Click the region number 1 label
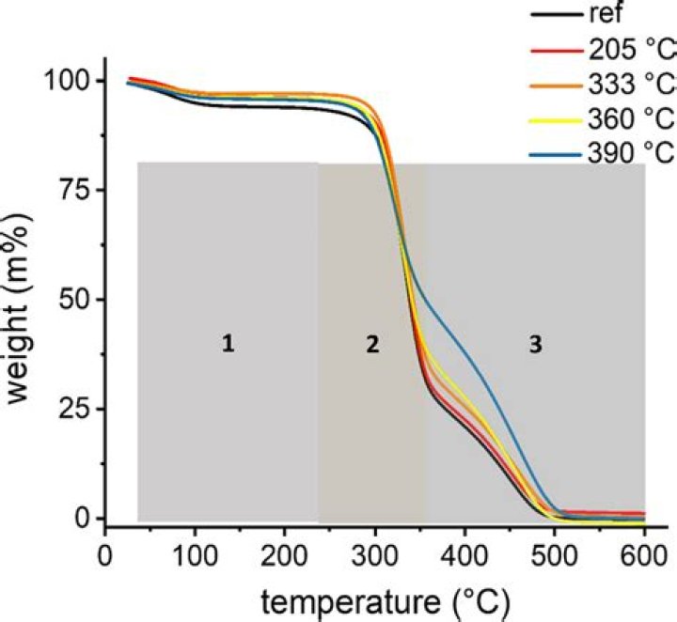coord(228,345)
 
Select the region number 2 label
coord(372,345)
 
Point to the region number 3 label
coord(535,345)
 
